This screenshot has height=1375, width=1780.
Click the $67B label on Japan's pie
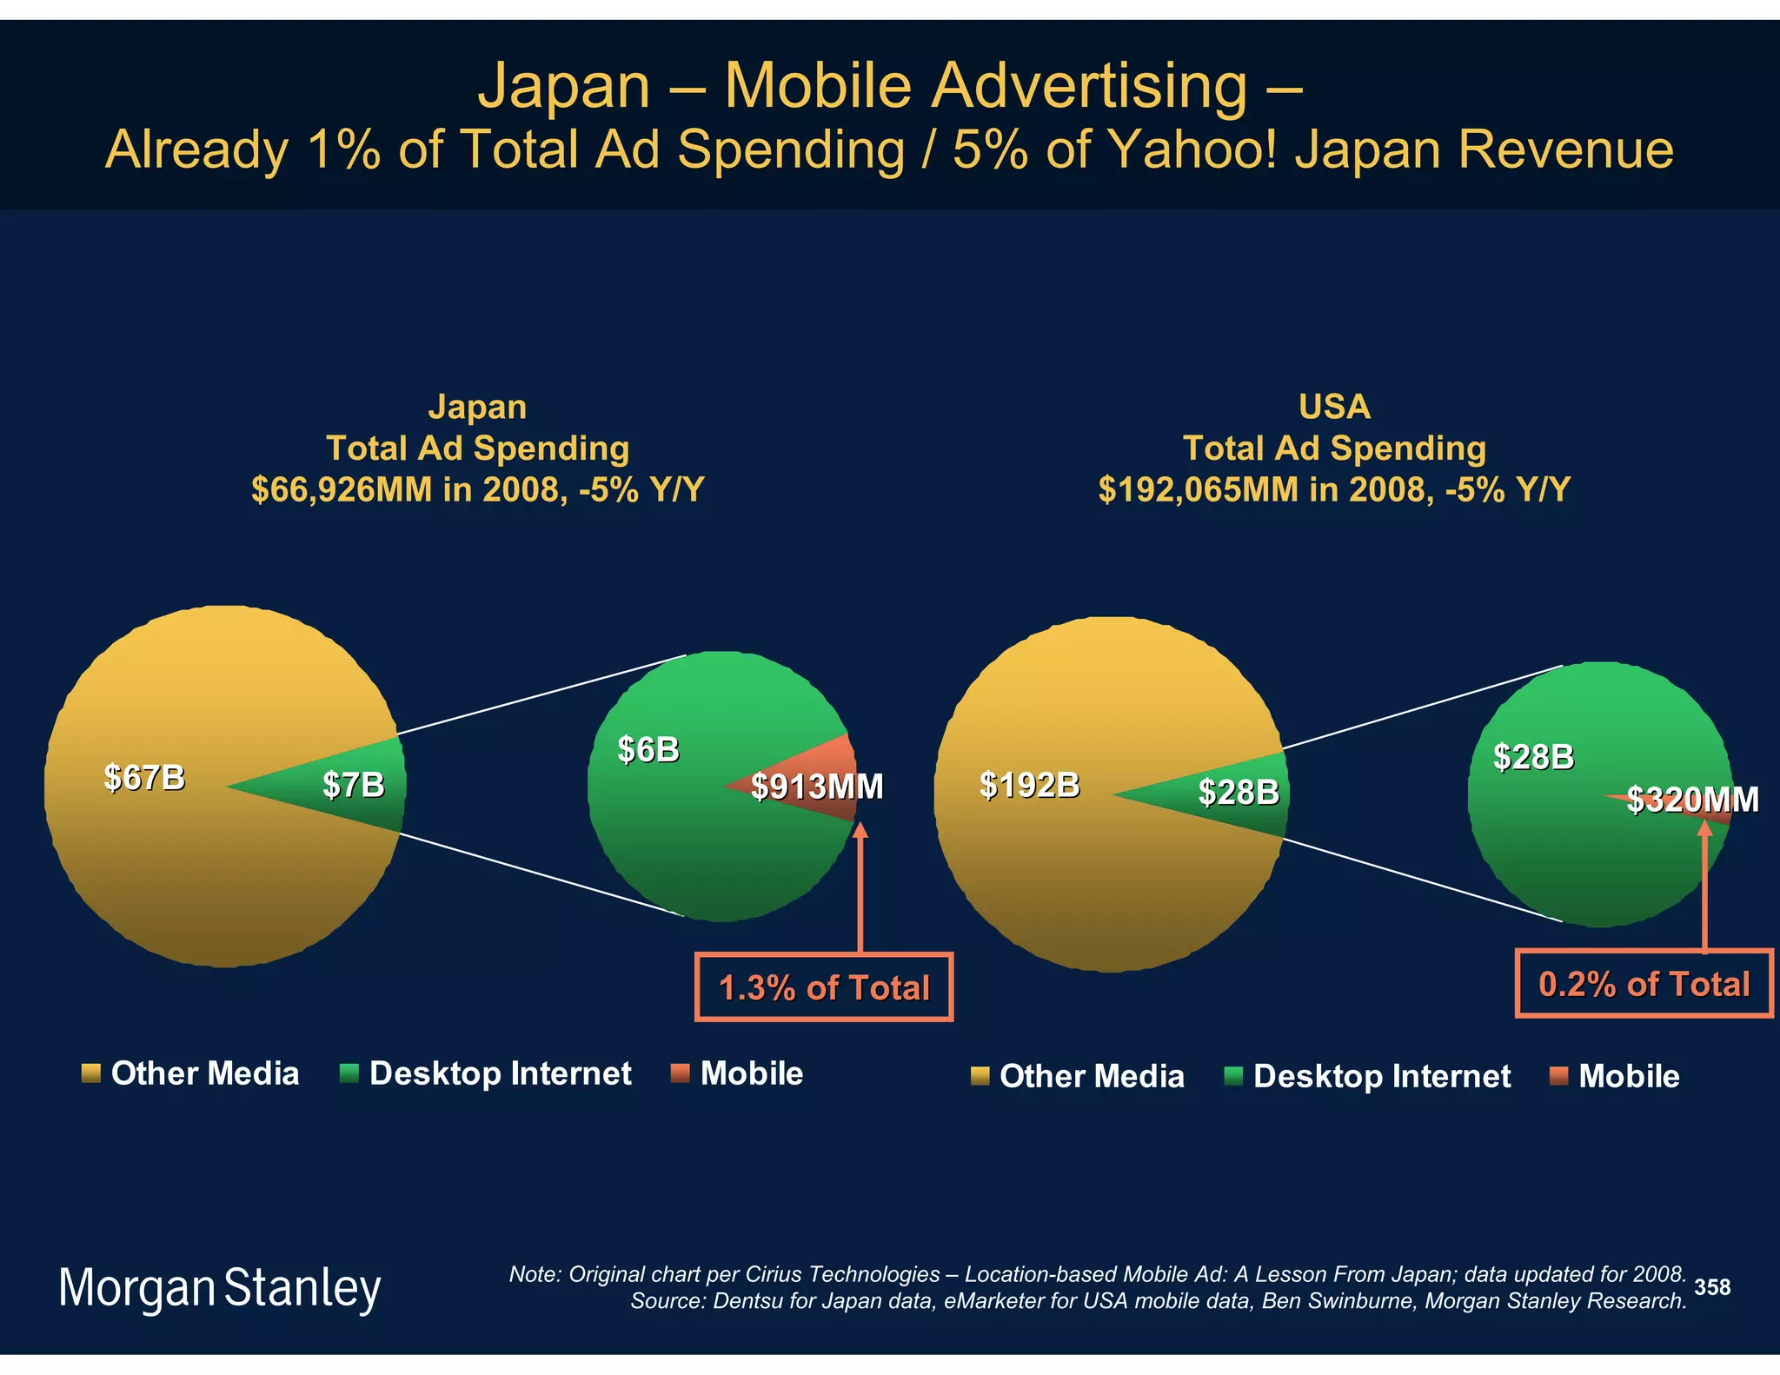144,777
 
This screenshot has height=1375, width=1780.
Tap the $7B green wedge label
353,785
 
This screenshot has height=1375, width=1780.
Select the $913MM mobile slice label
817,787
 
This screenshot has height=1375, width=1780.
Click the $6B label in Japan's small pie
648,749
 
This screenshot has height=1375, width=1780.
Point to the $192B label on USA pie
1029,785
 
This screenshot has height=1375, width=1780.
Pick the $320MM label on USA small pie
1692,800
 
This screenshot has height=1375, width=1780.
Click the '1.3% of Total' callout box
824,987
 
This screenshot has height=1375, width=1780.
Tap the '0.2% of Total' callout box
1644,984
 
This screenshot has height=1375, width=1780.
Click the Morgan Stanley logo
219,1287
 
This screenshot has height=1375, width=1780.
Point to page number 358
1712,1287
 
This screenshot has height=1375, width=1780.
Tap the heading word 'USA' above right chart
1334,407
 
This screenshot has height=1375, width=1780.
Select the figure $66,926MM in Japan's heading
341,490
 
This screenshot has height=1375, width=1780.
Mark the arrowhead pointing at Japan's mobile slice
860,830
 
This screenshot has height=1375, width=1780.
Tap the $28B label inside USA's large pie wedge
1238,792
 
